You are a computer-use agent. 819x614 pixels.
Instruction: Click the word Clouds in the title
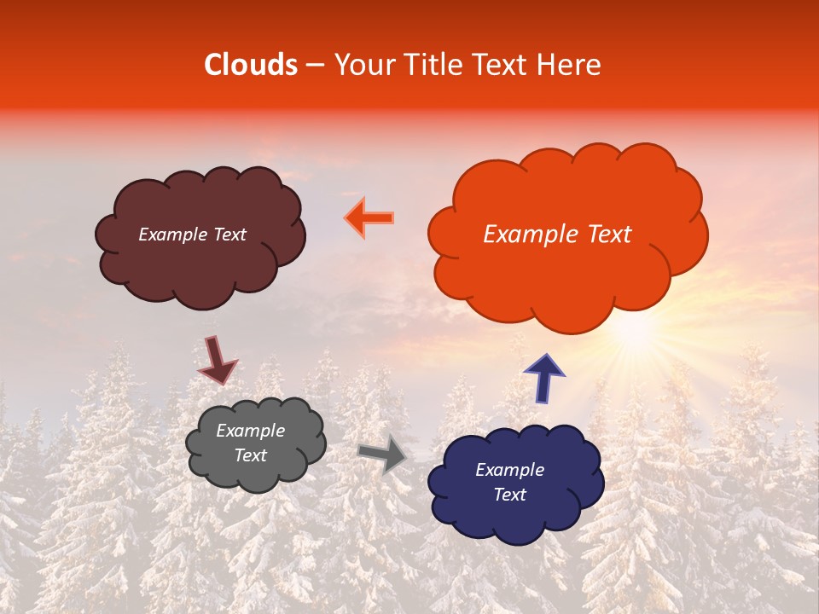[251, 65]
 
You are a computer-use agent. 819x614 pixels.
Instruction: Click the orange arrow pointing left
[369, 217]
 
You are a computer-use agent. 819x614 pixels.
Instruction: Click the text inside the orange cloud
[557, 235]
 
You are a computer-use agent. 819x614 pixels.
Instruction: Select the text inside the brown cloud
[192, 235]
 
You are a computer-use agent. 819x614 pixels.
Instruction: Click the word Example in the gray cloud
[250, 431]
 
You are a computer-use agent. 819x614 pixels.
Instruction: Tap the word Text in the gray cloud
[250, 455]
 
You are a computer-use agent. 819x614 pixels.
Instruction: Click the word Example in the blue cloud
[509, 470]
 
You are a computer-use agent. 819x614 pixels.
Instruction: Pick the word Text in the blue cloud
[509, 495]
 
